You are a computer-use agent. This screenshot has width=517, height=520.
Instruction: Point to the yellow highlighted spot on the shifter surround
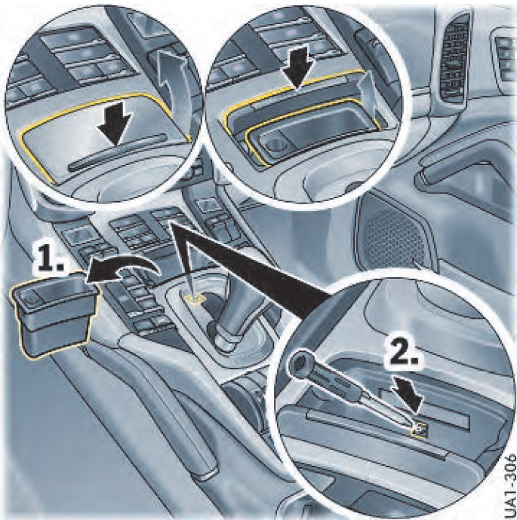(x=196, y=298)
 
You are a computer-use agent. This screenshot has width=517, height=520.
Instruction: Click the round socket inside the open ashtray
(x=273, y=144)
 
